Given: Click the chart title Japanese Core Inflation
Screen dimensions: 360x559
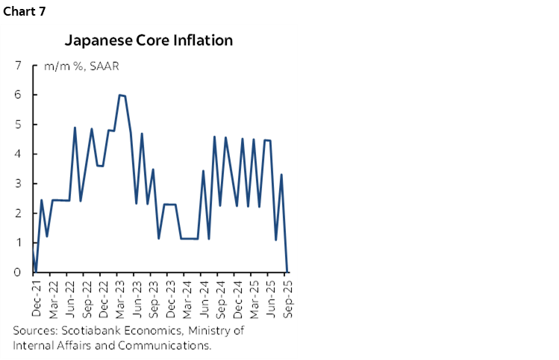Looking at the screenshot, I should click(149, 40).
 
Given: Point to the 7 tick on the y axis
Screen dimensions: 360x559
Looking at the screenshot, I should click(17, 65).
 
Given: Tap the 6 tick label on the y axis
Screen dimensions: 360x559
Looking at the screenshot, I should click(17, 95).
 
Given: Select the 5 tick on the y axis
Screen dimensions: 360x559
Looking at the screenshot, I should click(17, 124).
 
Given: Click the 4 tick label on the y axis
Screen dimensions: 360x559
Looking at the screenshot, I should click(17, 154).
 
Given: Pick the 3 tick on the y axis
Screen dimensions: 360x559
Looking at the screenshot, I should click(17, 184).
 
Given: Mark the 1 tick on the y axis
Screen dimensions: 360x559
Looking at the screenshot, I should click(17, 243).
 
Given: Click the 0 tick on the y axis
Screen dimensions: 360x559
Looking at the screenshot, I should click(17, 273).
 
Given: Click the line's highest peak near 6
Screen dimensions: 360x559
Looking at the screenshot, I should click(119, 95).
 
